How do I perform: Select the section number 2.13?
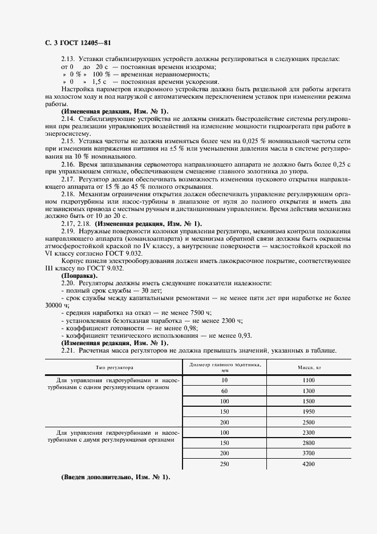pyautogui.click(x=68, y=59)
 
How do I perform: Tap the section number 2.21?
pyautogui.click(x=68, y=350)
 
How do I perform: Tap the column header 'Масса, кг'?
pyautogui.click(x=309, y=367)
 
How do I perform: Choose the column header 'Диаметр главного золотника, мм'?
pyautogui.click(x=224, y=367)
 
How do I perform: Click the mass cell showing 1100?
pyautogui.click(x=309, y=380)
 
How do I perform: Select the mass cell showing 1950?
pyautogui.click(x=309, y=411)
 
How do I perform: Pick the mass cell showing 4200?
pyautogui.click(x=309, y=464)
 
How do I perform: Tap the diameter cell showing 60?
pyautogui.click(x=224, y=391)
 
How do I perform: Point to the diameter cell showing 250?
pyautogui.click(x=224, y=464)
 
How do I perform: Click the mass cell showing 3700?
pyautogui.click(x=309, y=453)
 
